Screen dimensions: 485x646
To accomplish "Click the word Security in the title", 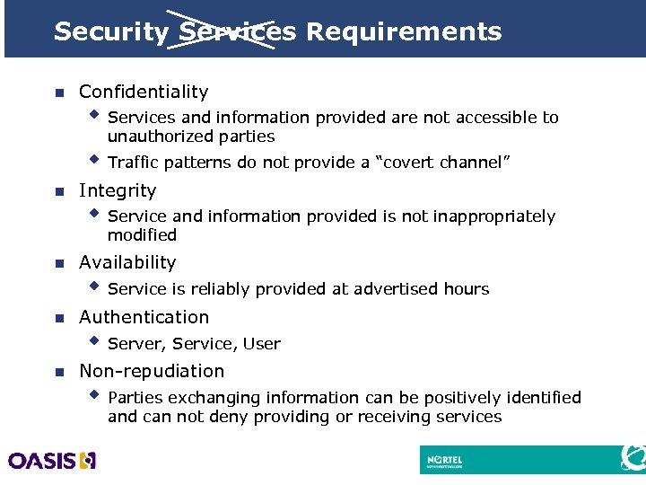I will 110,32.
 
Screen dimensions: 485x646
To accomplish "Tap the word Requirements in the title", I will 404,32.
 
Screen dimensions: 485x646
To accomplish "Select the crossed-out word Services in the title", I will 238,32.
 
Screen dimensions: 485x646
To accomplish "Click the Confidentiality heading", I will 144,92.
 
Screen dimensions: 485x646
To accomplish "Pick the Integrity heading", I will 118,190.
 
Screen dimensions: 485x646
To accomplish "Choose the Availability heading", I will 127,262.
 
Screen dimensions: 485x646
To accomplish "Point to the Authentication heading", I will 144,317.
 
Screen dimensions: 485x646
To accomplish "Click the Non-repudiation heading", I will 152,371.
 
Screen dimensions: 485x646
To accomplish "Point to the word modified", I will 142,235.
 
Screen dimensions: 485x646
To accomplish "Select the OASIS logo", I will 52,461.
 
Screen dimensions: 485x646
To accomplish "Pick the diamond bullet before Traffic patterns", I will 94,161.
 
